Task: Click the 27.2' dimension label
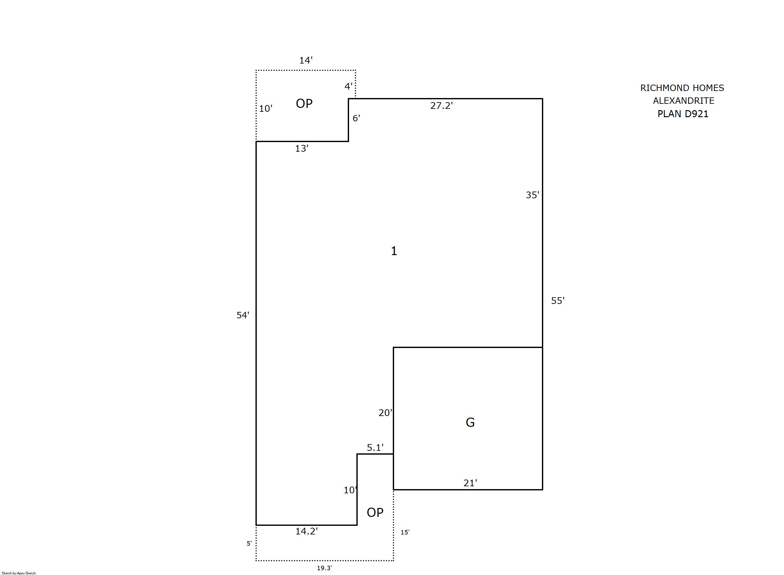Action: [x=441, y=105]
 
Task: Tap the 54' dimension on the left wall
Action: [x=243, y=315]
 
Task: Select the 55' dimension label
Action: [x=558, y=300]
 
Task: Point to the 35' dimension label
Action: [x=532, y=195]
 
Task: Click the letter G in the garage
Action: [x=470, y=422]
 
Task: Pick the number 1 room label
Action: [x=394, y=251]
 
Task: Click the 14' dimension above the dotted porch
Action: [x=306, y=60]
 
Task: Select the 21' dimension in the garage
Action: [x=470, y=483]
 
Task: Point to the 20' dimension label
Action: [x=385, y=412]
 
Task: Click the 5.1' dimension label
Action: [x=375, y=447]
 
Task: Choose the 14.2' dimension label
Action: [x=306, y=531]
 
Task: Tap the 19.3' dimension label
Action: [x=324, y=568]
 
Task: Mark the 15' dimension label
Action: [x=405, y=532]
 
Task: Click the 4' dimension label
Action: [x=348, y=86]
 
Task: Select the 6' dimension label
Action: [x=356, y=118]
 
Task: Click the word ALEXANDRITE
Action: [x=683, y=101]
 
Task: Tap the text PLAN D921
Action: [x=683, y=114]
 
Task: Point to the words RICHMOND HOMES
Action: [x=682, y=88]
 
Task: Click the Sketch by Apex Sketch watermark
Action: [x=19, y=573]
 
